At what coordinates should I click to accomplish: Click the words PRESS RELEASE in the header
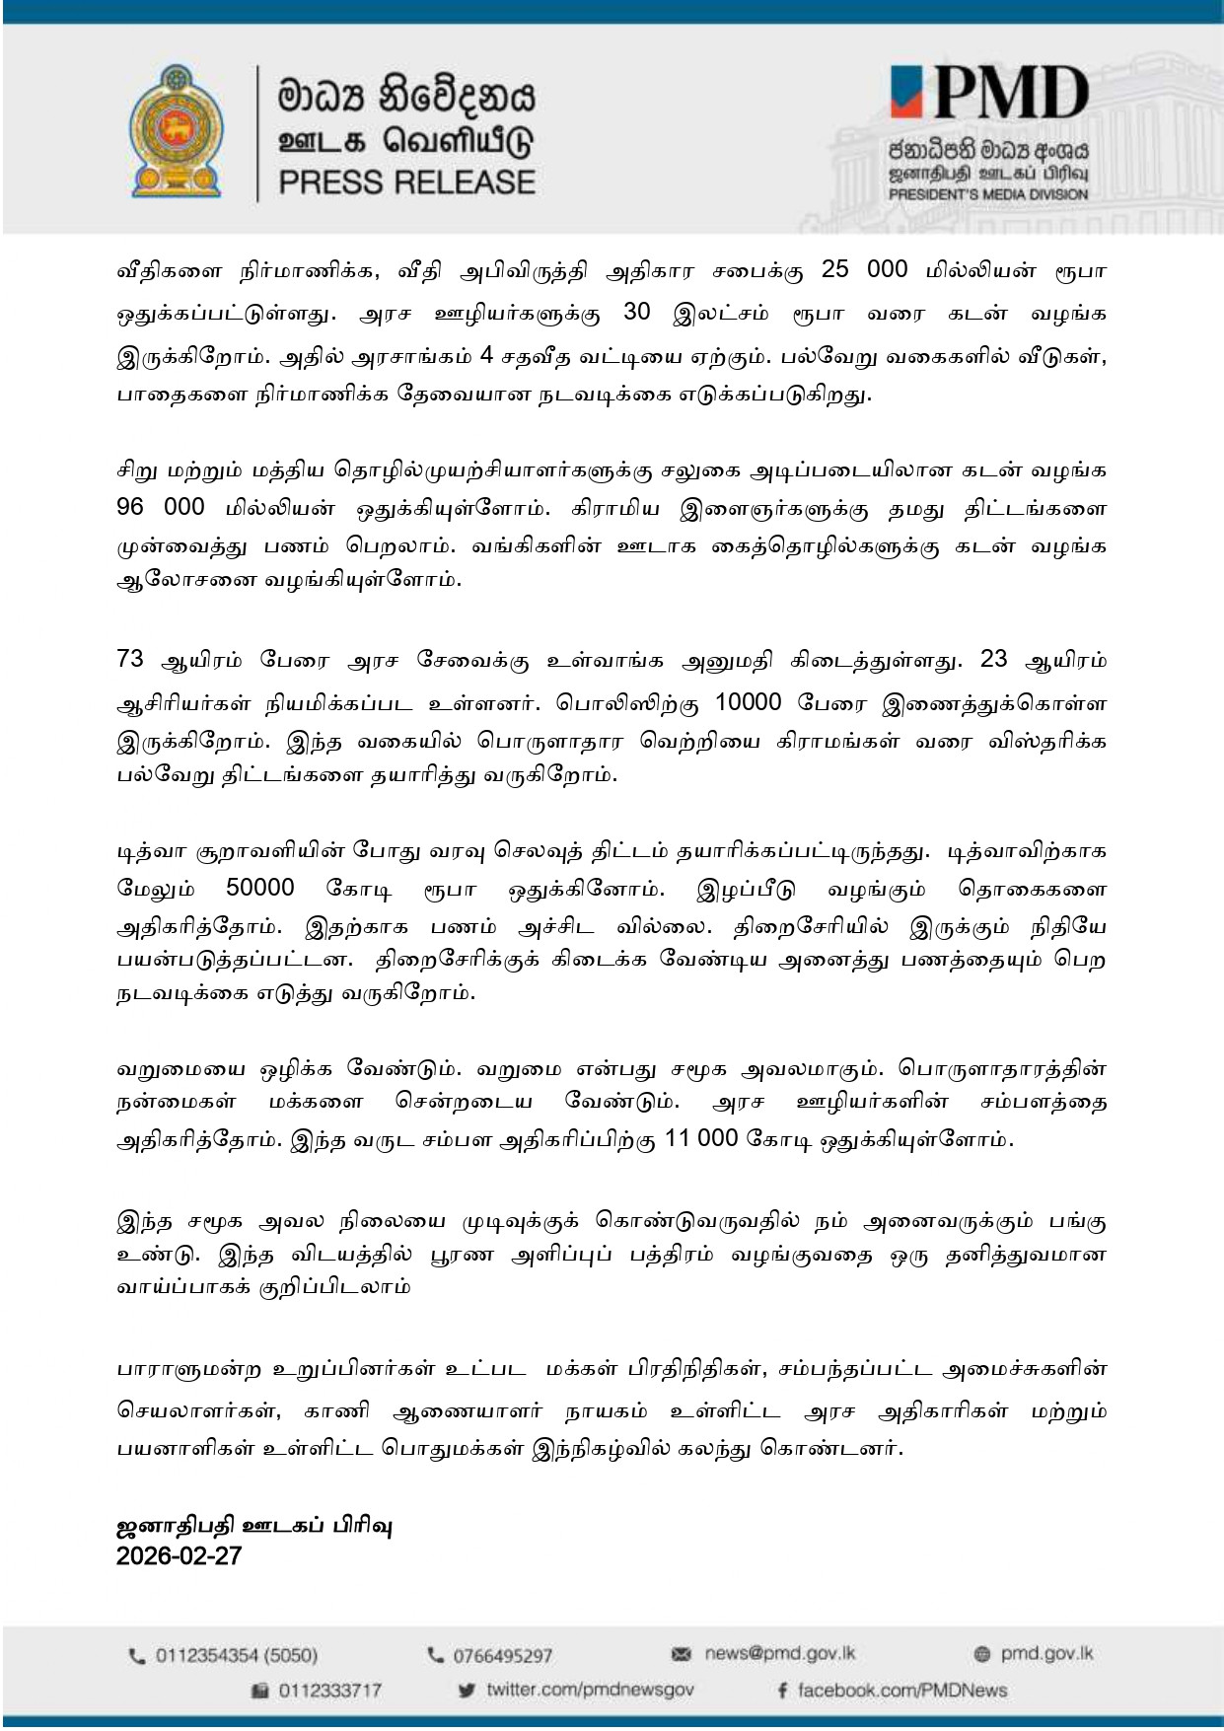[406, 182]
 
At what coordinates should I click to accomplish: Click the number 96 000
[161, 507]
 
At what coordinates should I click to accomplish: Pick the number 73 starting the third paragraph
[130, 659]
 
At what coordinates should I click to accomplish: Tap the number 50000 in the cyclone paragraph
[260, 888]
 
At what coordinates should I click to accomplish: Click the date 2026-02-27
[179, 1556]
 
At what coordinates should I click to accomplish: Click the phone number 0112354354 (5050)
[237, 1655]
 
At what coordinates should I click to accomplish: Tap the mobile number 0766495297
[502, 1655]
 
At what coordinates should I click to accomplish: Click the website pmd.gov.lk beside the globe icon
[1046, 1654]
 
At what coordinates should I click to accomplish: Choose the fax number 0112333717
[329, 1691]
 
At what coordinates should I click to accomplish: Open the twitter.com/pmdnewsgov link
[590, 1690]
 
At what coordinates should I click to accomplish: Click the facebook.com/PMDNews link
[901, 1691]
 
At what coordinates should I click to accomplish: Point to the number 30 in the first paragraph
[640, 313]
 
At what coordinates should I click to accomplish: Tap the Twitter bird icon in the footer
[468, 1691]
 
